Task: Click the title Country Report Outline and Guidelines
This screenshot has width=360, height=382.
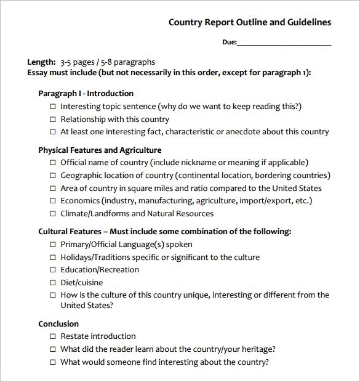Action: [x=250, y=22]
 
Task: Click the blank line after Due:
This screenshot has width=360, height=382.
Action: [x=284, y=43]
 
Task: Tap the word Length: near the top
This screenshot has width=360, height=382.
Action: [x=41, y=62]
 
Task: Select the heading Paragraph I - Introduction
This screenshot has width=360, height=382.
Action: [x=86, y=94]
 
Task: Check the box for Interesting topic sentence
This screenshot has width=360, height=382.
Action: [x=52, y=107]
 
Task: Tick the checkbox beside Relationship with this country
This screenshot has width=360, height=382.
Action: [x=52, y=120]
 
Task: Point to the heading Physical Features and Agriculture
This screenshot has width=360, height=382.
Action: [x=100, y=150]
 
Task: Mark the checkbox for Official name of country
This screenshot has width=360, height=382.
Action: [x=52, y=163]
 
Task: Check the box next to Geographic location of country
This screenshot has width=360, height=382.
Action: [x=52, y=176]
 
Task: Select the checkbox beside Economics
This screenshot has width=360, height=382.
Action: [x=52, y=201]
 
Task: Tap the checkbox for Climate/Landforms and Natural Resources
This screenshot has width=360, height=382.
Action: [x=52, y=214]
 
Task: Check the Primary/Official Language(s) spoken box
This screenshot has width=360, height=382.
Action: [x=52, y=245]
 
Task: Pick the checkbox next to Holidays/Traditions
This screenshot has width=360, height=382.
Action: [x=52, y=258]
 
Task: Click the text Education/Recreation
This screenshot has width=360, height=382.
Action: [x=100, y=270]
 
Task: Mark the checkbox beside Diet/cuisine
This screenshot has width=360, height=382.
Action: [x=52, y=283]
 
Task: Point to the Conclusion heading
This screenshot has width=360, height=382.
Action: [x=58, y=323]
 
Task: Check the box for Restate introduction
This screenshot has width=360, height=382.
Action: [x=52, y=336]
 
